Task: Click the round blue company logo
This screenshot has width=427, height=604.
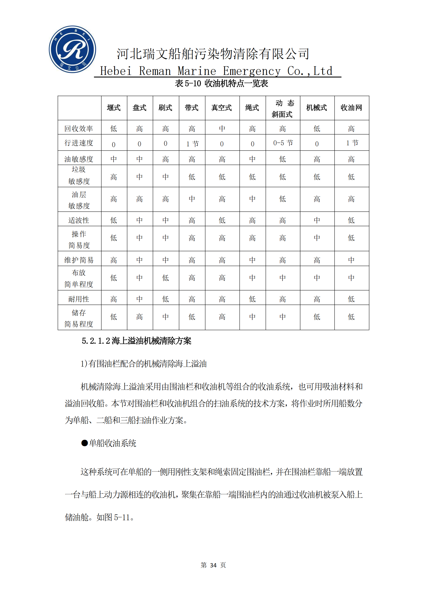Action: point(72,49)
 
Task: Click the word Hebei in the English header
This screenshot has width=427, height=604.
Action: point(116,71)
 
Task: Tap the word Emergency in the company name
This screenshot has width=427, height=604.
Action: point(252,71)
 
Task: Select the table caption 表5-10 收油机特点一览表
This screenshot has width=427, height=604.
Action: point(221,83)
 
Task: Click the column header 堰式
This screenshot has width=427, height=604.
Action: point(114,108)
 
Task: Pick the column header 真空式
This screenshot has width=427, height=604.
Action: point(222,108)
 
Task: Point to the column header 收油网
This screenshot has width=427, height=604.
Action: point(351,108)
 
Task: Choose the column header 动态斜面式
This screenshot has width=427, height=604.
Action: point(282,108)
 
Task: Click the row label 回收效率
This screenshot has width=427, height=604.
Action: point(79,129)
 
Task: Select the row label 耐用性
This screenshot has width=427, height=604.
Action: point(79,299)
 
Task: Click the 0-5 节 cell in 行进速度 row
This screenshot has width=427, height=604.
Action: point(283,143)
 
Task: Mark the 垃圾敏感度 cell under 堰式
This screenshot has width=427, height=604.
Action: point(114,177)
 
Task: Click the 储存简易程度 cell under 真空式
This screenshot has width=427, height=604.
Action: point(222,317)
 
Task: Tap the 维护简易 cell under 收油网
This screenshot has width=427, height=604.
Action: point(351,260)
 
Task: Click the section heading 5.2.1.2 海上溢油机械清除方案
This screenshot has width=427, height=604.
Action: point(136,341)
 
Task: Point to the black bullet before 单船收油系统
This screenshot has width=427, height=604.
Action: point(84,443)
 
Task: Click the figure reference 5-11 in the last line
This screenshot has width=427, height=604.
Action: point(122,517)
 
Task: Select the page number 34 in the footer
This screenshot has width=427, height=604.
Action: point(213,565)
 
